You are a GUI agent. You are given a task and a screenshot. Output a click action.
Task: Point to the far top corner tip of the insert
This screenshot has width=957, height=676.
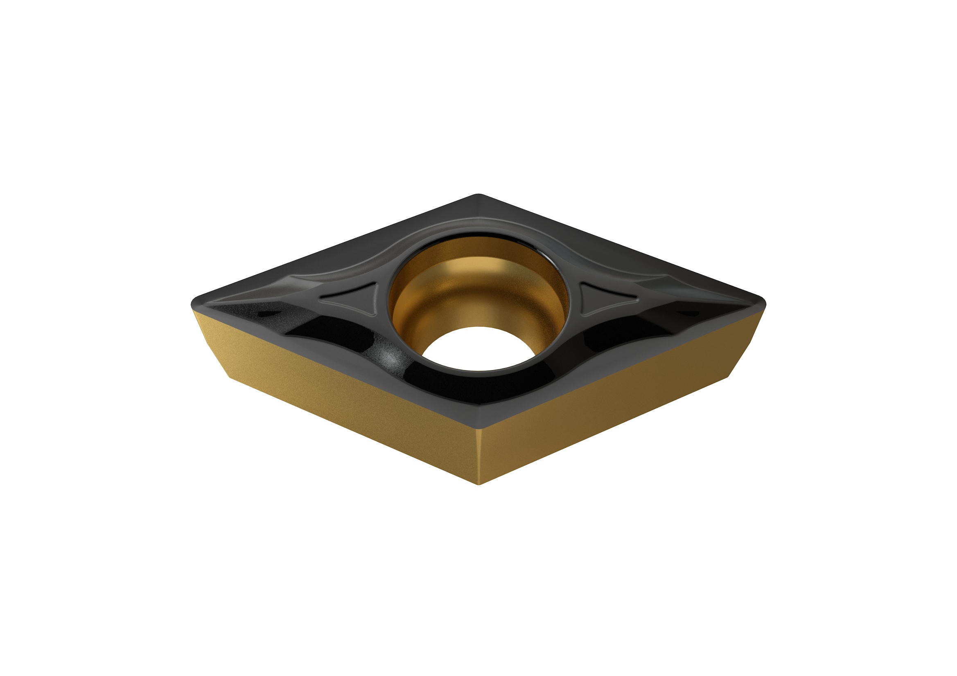[479, 195]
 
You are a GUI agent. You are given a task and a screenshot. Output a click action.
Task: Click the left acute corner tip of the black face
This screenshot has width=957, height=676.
[195, 301]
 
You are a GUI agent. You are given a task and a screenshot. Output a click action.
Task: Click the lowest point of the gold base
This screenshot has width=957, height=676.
[479, 484]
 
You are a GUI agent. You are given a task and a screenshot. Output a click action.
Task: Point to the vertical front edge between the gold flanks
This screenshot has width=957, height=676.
[479, 458]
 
